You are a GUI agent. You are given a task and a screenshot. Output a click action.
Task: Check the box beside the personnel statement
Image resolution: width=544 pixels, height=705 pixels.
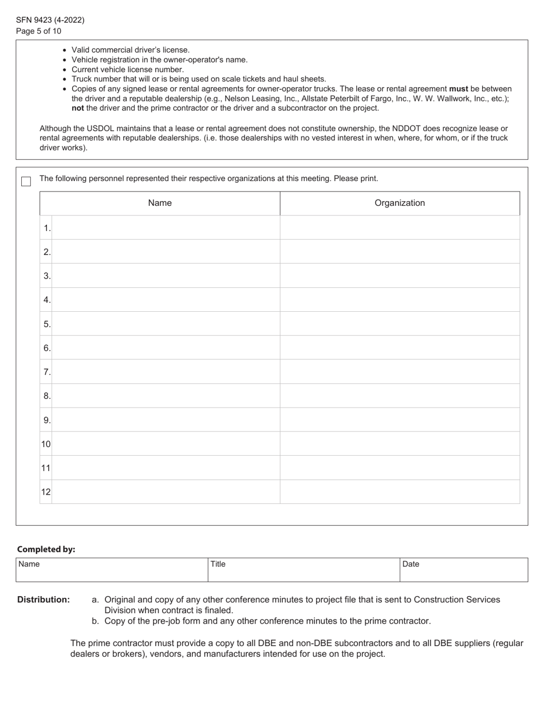tap(26, 181)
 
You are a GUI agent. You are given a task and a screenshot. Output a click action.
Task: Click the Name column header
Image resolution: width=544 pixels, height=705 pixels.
tap(160, 203)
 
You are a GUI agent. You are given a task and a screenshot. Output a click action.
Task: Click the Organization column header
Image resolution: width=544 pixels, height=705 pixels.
tap(400, 203)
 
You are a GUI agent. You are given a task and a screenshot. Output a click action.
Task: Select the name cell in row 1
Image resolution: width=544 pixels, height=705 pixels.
tap(165, 228)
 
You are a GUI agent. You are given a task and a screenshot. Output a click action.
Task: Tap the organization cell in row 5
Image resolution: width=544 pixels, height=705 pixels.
tap(400, 324)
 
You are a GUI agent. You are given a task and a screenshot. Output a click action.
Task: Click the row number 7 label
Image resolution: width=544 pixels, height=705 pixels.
tap(46, 372)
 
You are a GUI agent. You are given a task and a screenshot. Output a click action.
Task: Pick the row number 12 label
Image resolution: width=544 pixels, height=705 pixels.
tap(46, 492)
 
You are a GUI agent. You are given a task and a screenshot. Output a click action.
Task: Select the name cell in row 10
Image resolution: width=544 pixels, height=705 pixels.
tap(165, 444)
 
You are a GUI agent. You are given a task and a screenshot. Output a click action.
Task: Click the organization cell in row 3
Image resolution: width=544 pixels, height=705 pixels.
tap(400, 276)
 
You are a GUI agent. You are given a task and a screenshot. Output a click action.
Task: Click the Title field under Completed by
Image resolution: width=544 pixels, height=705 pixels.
tap(303, 570)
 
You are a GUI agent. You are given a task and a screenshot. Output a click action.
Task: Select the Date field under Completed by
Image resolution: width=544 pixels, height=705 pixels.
tap(463, 570)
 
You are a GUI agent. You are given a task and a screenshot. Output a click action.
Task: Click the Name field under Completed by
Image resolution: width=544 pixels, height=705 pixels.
tap(112, 570)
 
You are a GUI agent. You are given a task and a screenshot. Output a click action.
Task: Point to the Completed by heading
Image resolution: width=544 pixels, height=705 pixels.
tap(46, 549)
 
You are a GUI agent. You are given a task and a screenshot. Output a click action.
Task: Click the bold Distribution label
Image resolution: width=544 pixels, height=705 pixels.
tap(44, 600)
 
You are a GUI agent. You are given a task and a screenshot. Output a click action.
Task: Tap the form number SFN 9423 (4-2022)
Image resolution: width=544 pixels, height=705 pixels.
tap(50, 20)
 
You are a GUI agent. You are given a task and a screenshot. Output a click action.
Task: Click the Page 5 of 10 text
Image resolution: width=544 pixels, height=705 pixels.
tap(38, 31)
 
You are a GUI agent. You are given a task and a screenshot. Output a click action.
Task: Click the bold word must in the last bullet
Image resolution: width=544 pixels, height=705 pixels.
tap(458, 89)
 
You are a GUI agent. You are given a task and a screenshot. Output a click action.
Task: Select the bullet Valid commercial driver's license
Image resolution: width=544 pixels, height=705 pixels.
tap(130, 50)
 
